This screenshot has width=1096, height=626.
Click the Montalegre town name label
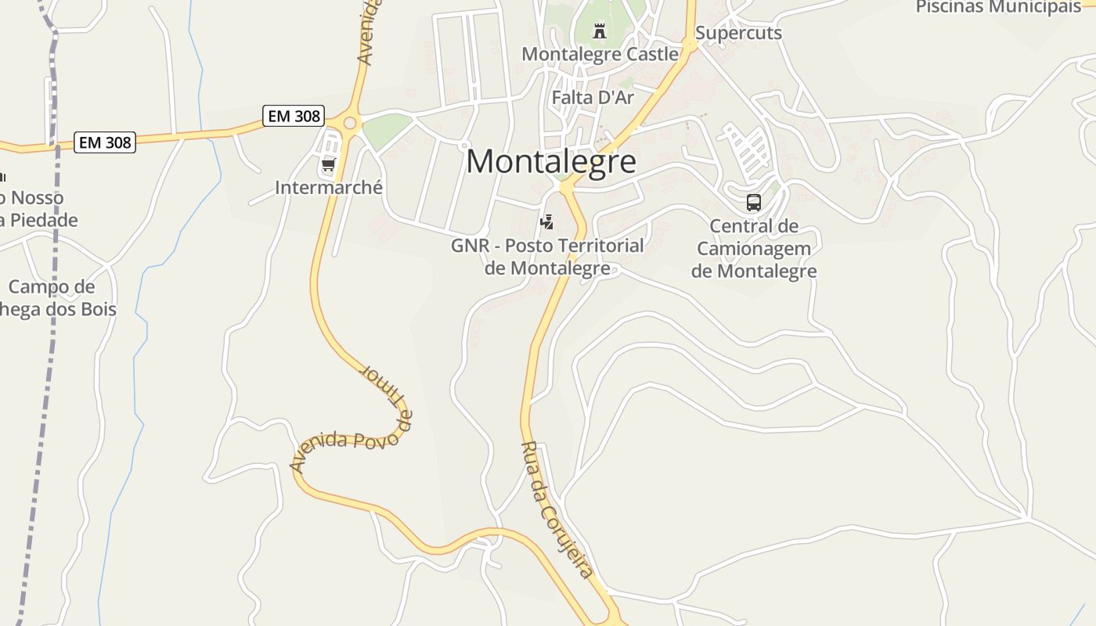tap(550, 162)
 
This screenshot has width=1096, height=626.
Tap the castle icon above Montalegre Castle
tap(600, 31)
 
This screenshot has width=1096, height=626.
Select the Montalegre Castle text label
tap(600, 54)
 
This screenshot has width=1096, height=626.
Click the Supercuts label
tap(738, 33)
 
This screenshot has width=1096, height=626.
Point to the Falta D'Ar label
tap(593, 98)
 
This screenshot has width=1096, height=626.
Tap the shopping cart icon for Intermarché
tap(328, 165)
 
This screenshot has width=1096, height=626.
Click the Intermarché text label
tap(329, 188)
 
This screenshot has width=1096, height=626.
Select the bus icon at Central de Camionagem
tap(753, 203)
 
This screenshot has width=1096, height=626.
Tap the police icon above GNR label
tap(546, 222)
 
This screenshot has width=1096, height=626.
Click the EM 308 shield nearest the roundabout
tap(294, 116)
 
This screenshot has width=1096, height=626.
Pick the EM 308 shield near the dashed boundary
tap(105, 142)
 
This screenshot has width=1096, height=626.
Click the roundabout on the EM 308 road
tap(348, 122)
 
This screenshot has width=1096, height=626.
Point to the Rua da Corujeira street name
tap(557, 509)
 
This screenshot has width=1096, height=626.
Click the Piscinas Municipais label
tap(997, 7)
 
